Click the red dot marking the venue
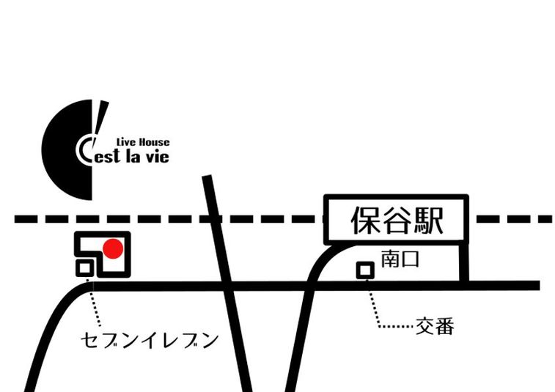(111, 251)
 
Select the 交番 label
(435, 326)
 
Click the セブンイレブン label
(150, 341)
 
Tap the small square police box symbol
(364, 270)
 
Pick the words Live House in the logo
(143, 142)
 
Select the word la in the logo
(133, 155)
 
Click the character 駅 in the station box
(429, 220)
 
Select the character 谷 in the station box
(397, 220)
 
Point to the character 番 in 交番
(444, 326)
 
